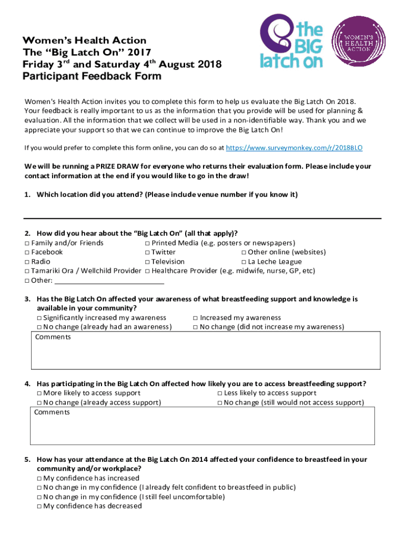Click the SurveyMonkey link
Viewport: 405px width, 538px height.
click(294, 149)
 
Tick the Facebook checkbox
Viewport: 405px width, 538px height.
click(27, 252)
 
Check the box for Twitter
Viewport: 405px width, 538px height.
click(147, 252)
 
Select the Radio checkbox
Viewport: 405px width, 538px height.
click(27, 262)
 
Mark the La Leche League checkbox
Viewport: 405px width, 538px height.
click(244, 262)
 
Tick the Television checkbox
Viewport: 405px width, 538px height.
click(147, 262)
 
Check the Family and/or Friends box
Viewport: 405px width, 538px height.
click(27, 243)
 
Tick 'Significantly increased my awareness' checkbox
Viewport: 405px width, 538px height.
click(39, 318)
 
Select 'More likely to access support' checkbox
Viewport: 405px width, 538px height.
click(39, 393)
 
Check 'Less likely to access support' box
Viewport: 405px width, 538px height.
click(220, 393)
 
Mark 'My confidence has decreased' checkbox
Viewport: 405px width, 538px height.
click(39, 506)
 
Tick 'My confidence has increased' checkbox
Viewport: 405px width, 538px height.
click(39, 478)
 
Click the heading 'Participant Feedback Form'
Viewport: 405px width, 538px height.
click(92, 77)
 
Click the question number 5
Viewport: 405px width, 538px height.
click(27, 459)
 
